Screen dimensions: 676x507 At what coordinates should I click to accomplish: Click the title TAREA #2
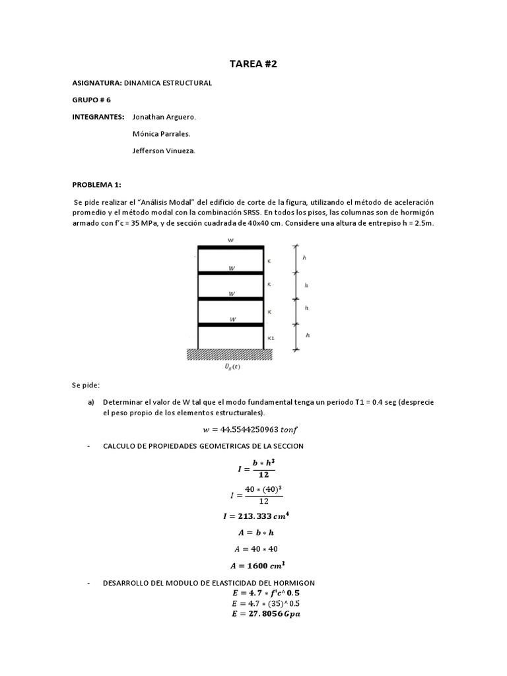pyautogui.click(x=253, y=63)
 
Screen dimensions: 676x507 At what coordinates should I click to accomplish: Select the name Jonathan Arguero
pyautogui.click(x=164, y=117)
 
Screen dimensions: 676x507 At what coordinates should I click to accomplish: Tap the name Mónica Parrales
pyautogui.click(x=162, y=134)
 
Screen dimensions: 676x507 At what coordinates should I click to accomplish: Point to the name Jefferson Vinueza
pyautogui.click(x=164, y=151)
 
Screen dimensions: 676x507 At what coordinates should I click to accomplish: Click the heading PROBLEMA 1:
pyautogui.click(x=96, y=186)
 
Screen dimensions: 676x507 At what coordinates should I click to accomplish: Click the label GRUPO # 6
pyautogui.click(x=91, y=100)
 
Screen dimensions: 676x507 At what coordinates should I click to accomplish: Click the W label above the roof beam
pyautogui.click(x=230, y=241)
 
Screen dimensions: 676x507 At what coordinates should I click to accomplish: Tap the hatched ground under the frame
pyautogui.click(x=230, y=355)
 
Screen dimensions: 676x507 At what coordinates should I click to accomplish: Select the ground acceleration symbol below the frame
pyautogui.click(x=232, y=368)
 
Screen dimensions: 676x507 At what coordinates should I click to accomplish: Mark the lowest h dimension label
pyautogui.click(x=308, y=335)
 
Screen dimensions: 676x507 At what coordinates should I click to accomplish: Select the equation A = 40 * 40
pyautogui.click(x=253, y=549)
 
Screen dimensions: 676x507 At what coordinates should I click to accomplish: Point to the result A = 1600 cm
pyautogui.click(x=253, y=565)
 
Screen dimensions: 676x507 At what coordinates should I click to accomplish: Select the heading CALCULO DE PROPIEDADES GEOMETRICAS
pyautogui.click(x=203, y=446)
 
